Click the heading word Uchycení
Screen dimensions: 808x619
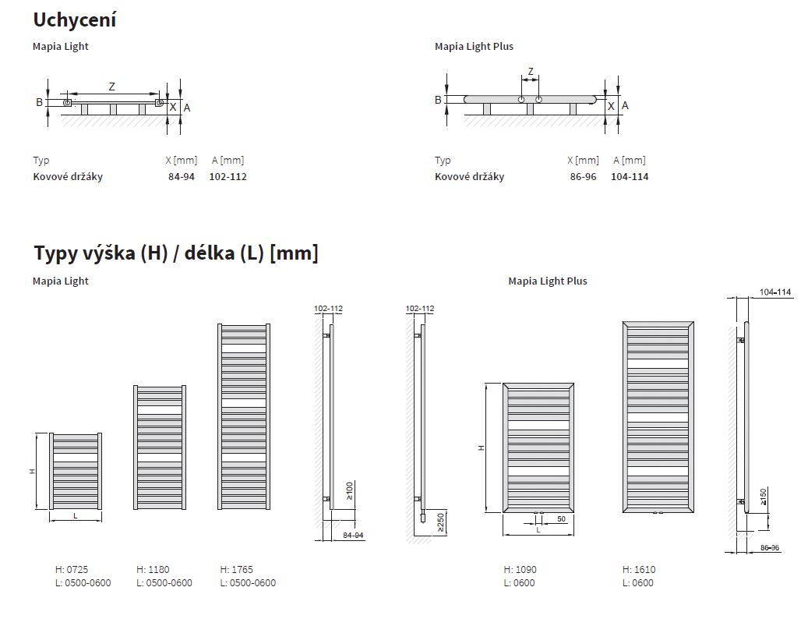75,19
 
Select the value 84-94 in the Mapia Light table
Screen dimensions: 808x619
182,177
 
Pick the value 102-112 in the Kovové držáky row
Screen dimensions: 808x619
228,177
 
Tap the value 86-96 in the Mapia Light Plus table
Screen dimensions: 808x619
583,177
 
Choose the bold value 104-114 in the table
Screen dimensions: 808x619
630,177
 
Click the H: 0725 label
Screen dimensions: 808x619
72,570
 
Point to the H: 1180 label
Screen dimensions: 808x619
153,570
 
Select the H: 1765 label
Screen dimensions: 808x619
237,570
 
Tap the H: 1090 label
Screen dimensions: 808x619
520,570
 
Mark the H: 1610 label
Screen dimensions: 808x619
639,570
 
